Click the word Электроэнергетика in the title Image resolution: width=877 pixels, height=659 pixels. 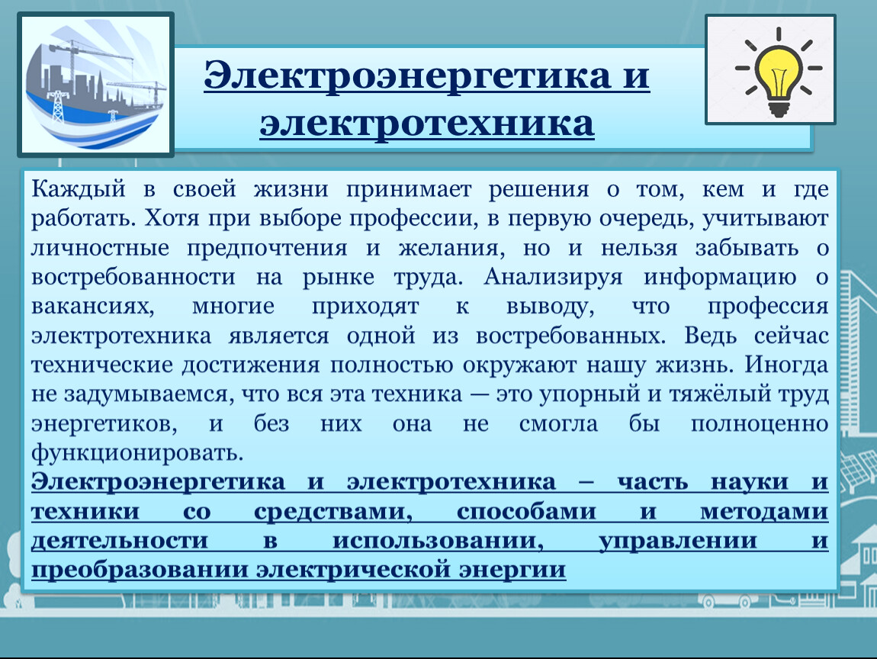(407, 75)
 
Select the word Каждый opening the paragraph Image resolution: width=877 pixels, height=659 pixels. (79, 189)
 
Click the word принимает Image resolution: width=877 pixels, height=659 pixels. (409, 190)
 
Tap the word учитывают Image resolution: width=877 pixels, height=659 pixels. (765, 219)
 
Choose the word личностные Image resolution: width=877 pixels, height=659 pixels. (100, 248)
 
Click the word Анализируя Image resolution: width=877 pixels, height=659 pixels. (553, 277)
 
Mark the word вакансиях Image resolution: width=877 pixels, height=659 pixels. (92, 307)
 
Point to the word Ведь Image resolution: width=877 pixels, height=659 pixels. (710, 336)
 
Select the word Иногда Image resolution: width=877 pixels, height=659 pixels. (785, 365)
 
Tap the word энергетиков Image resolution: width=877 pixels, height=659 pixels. (104, 424)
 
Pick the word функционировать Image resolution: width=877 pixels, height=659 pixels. (137, 452)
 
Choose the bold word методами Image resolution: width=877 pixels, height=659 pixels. (764, 512)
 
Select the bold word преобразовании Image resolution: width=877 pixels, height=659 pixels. (140, 570)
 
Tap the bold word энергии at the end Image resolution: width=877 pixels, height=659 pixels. (512, 571)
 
